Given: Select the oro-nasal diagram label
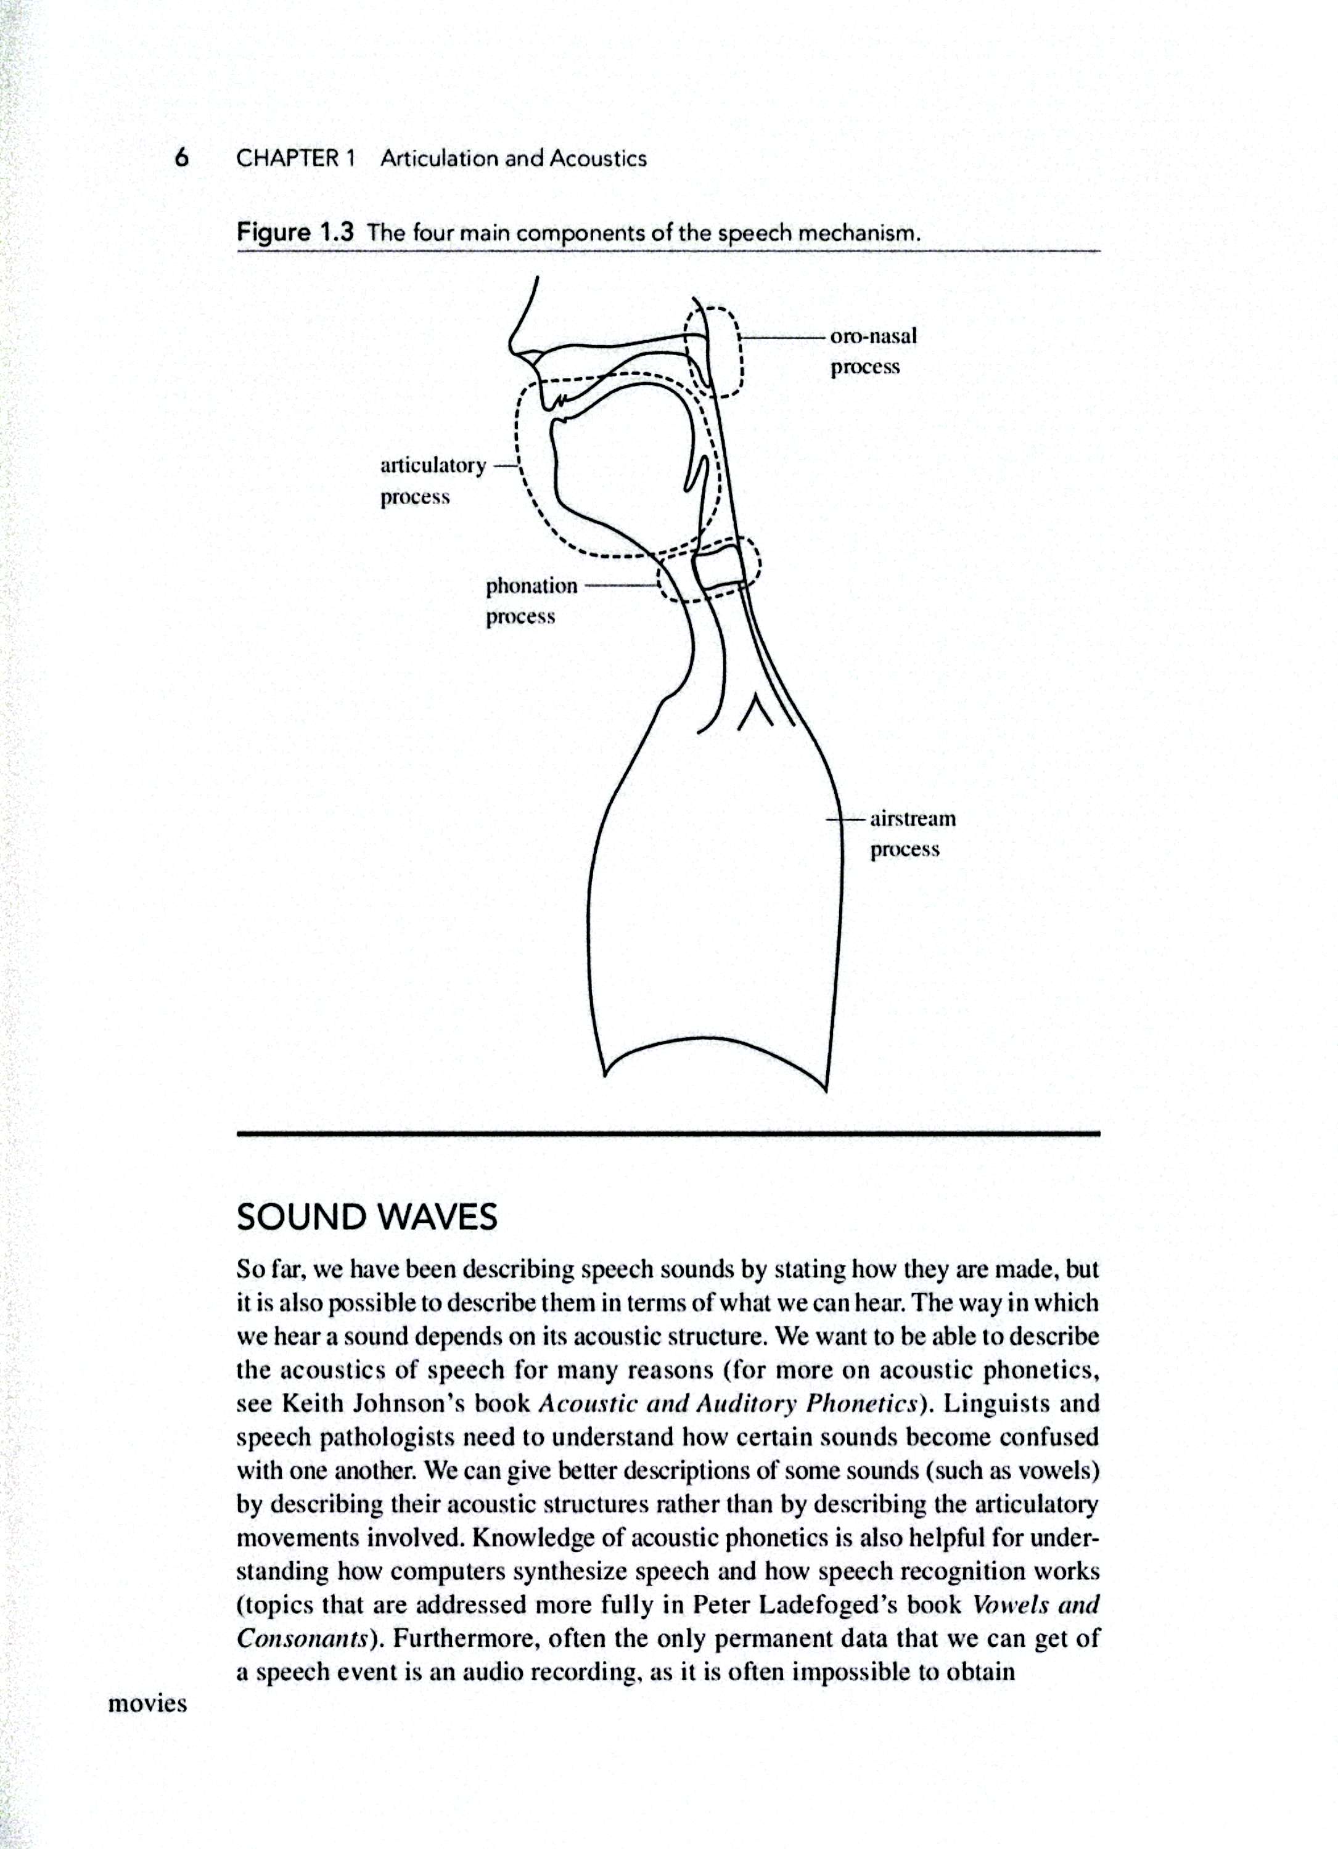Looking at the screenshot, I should click(x=872, y=336).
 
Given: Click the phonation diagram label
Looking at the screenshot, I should click(x=531, y=586).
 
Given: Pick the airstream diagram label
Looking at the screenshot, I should click(x=913, y=818).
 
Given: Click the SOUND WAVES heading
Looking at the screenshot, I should click(x=366, y=1218).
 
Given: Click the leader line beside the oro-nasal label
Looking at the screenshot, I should click(x=782, y=336).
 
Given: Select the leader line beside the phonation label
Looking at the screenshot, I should click(x=620, y=586).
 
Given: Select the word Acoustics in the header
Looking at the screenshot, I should click(x=597, y=158).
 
